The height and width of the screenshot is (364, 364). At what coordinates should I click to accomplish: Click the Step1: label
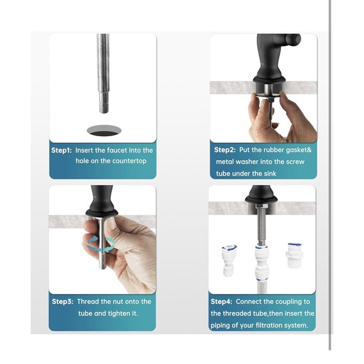62,150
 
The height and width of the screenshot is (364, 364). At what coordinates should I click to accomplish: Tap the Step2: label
225,150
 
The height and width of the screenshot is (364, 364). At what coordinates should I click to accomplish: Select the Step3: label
63,301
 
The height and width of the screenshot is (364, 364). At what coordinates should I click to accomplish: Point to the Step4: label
222,301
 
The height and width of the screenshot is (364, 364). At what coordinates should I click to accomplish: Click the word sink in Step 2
270,174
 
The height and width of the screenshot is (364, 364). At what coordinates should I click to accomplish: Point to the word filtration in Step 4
269,325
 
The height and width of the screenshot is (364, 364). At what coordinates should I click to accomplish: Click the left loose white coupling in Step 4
229,260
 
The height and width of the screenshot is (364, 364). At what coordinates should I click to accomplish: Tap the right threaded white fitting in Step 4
294,255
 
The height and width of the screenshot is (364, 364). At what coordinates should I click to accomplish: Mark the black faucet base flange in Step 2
269,80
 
